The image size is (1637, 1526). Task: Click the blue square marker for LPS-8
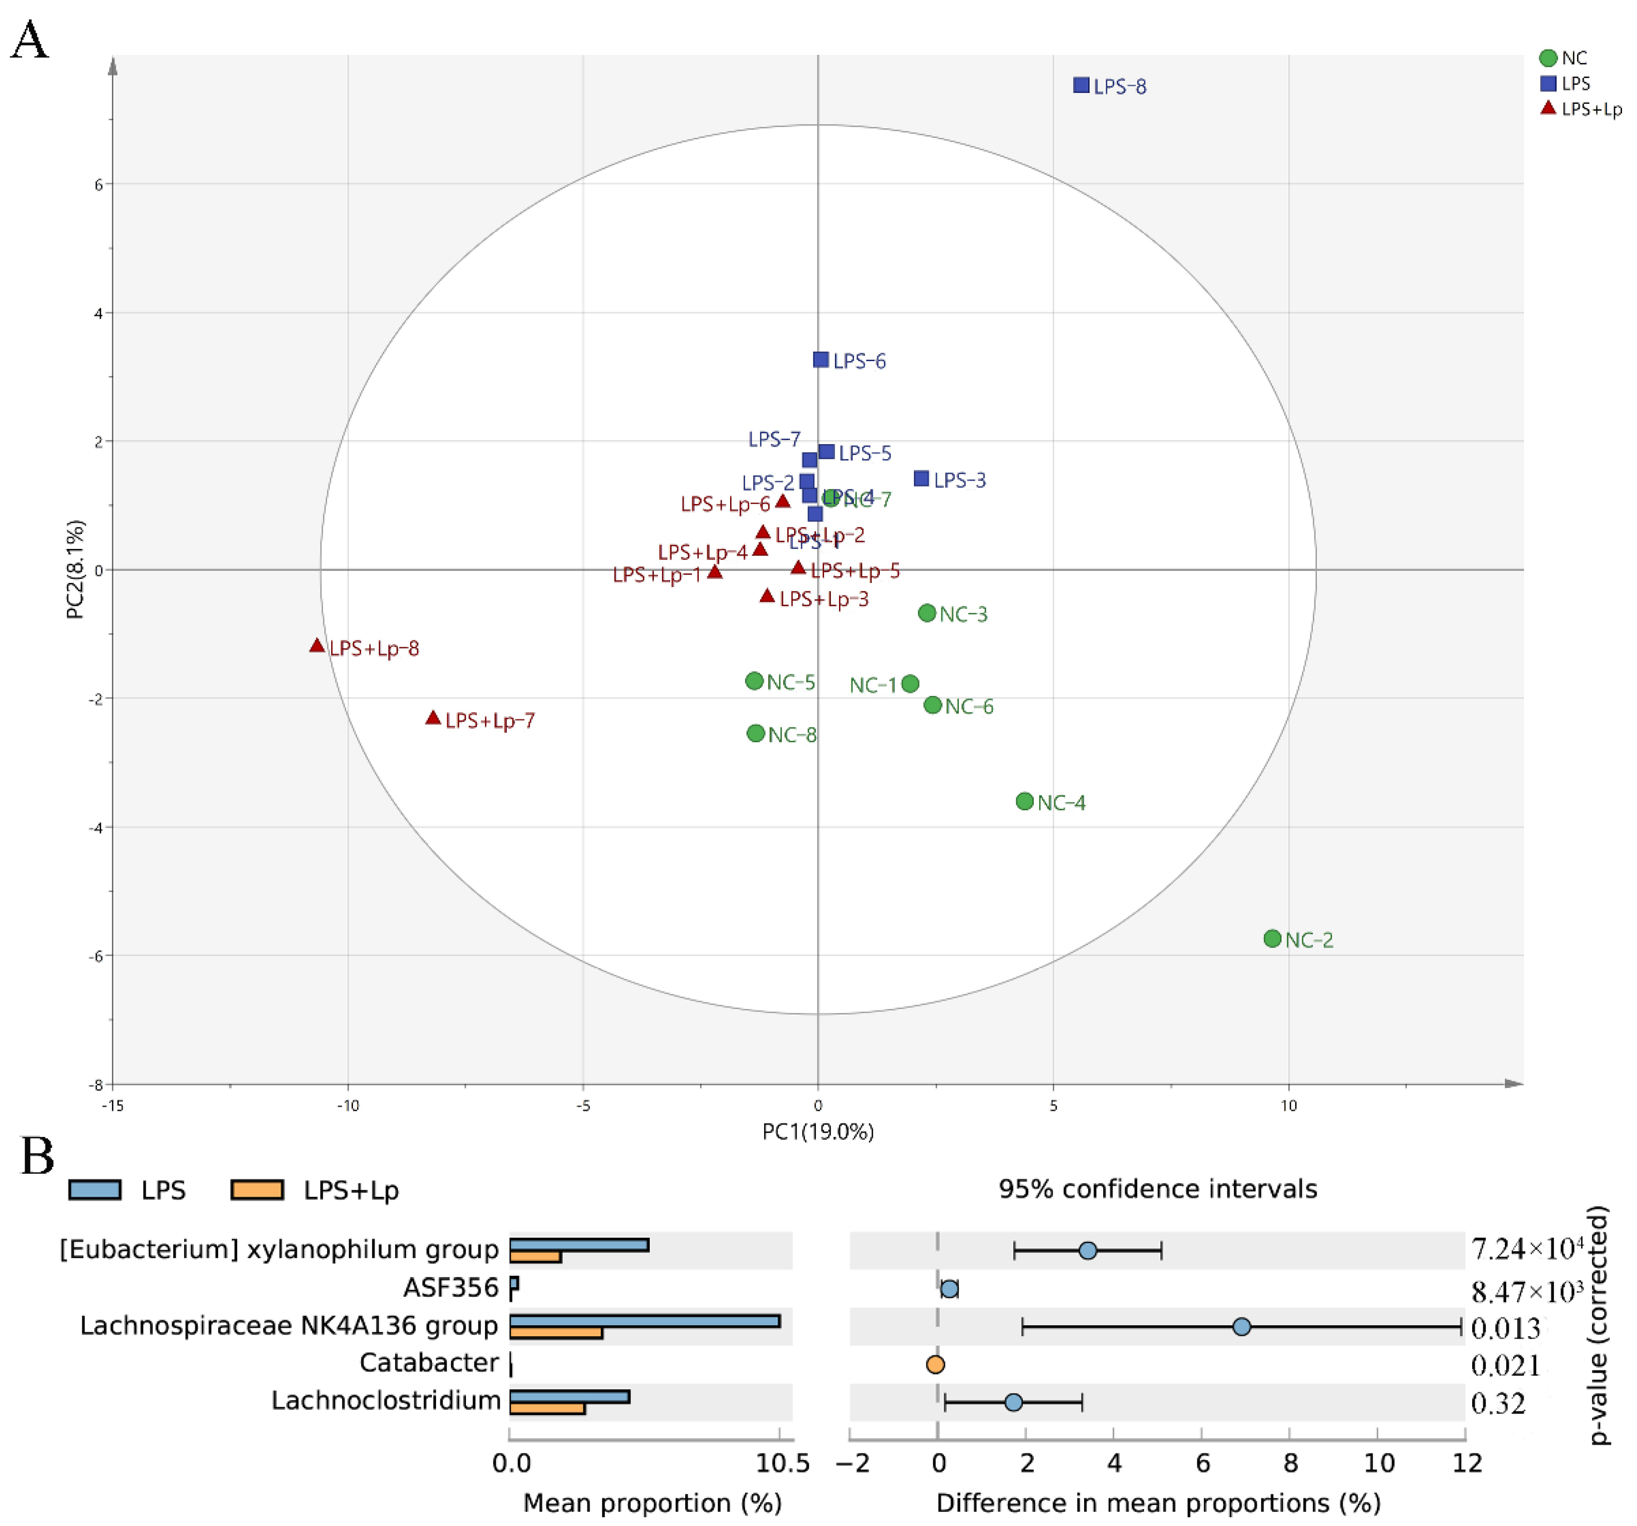click(1081, 85)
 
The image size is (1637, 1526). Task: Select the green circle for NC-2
click(1272, 939)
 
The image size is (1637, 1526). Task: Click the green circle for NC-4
click(1024, 801)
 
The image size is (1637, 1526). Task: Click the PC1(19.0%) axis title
click(818, 1131)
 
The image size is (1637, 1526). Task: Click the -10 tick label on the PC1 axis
click(348, 1106)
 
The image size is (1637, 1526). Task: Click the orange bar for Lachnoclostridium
click(547, 1408)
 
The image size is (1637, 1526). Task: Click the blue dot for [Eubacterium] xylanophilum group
click(1088, 1251)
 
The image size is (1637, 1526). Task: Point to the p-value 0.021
click(1505, 1366)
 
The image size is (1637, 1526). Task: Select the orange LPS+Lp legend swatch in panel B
click(257, 1190)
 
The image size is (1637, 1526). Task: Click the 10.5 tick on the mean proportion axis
click(782, 1464)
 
